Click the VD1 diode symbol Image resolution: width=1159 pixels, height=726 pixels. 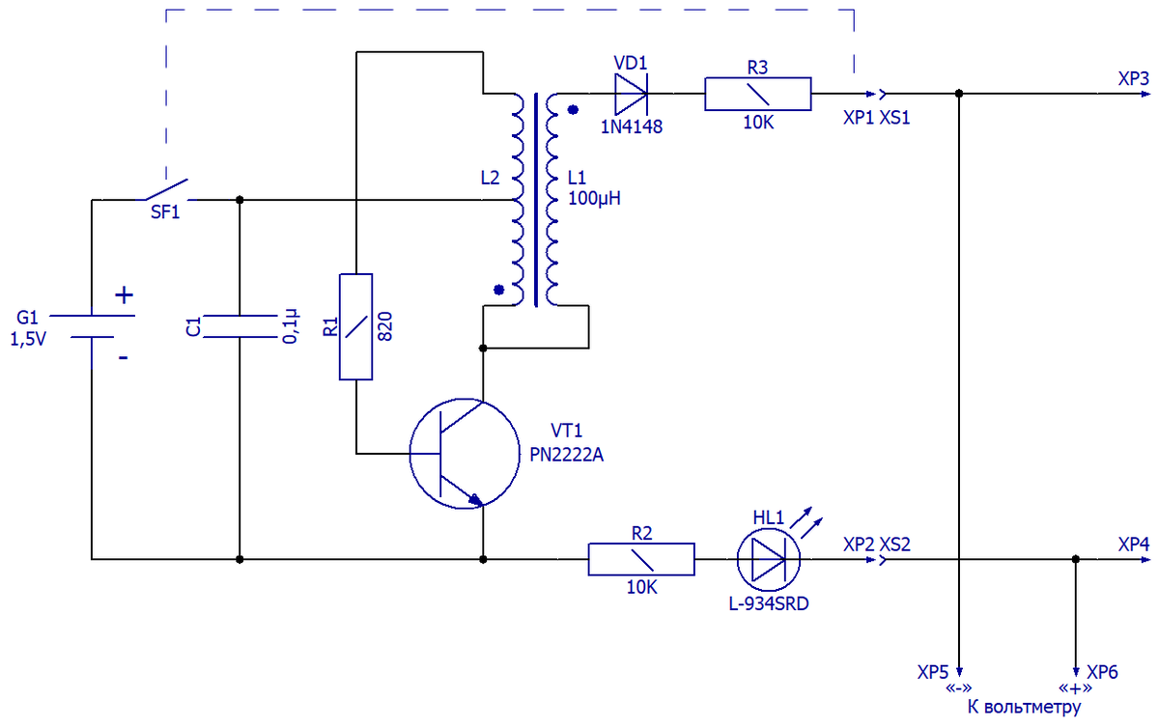click(x=632, y=95)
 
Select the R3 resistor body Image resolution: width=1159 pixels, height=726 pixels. click(x=757, y=95)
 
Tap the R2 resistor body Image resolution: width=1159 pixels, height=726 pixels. click(x=641, y=559)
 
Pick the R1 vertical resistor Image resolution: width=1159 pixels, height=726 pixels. click(x=355, y=326)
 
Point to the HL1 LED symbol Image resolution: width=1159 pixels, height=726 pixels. click(x=770, y=559)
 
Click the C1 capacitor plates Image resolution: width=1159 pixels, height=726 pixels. click(x=239, y=326)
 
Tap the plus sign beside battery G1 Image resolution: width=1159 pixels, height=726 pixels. click(x=124, y=295)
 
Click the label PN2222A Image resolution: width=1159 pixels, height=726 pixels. click(x=569, y=454)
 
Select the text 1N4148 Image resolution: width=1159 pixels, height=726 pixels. click(x=631, y=126)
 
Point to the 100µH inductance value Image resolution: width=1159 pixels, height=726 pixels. click(x=594, y=199)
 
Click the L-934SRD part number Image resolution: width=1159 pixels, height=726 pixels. click(x=770, y=605)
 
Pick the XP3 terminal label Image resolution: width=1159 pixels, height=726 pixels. click(x=1133, y=79)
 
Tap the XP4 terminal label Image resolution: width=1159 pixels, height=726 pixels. click(x=1133, y=544)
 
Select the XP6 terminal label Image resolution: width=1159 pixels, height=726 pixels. click(x=1102, y=672)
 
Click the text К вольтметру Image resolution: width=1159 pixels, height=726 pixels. click(x=1024, y=708)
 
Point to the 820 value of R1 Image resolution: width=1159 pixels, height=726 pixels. click(x=384, y=326)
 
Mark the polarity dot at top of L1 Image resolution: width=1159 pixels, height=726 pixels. click(x=573, y=110)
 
